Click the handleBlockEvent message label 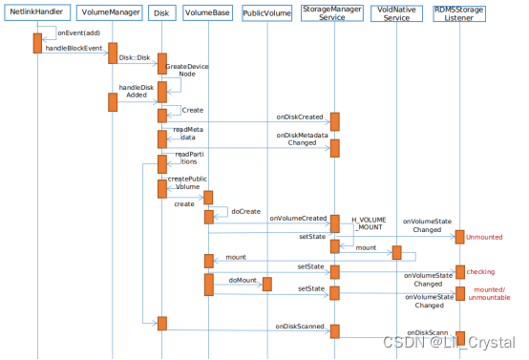tap(73, 48)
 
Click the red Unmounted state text tap(484, 236)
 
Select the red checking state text tap(480, 272)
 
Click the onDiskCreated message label tap(301, 117)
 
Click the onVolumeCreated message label tap(298, 218)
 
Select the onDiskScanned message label tap(299, 327)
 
